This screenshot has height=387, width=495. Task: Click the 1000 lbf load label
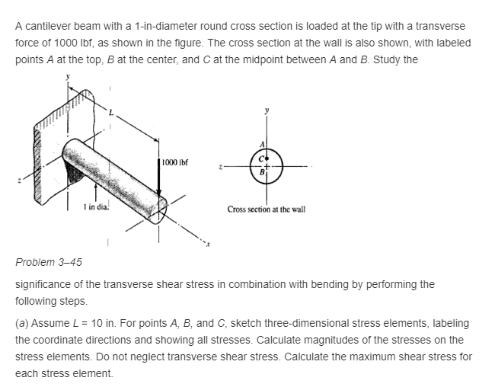coord(175,162)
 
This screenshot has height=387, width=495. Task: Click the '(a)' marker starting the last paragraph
coord(23,324)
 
